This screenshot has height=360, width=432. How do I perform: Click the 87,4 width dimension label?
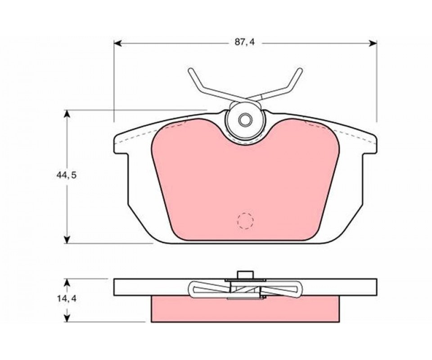click(245, 42)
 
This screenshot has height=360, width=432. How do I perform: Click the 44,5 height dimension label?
click(64, 175)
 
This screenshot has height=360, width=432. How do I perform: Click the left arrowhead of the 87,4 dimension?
click(117, 43)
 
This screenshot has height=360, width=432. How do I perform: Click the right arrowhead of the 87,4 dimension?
click(373, 43)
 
